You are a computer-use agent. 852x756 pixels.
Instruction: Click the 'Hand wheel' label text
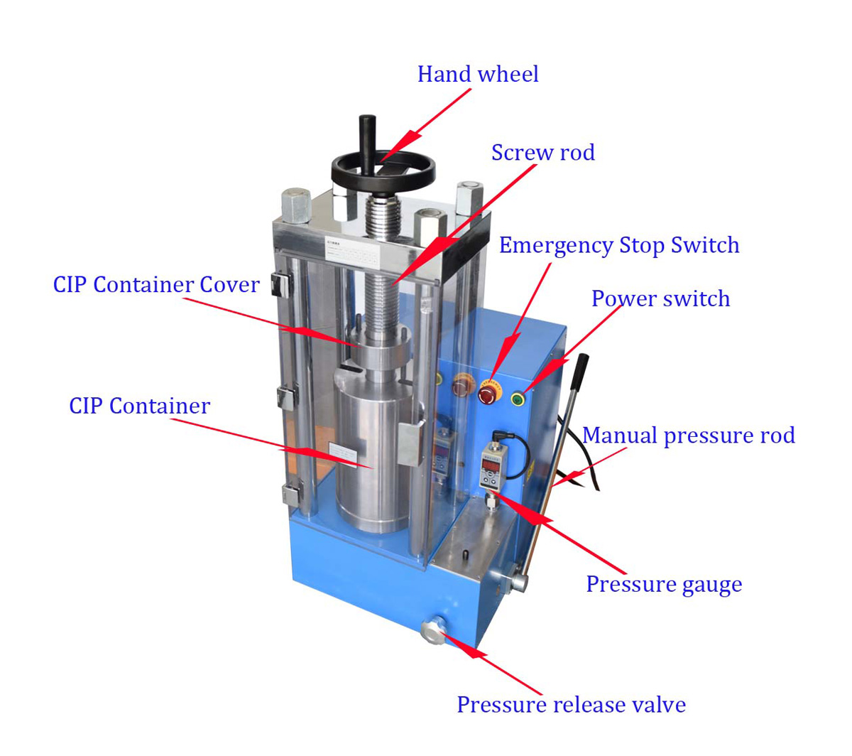click(x=477, y=75)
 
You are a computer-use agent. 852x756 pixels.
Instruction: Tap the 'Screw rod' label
click(x=542, y=153)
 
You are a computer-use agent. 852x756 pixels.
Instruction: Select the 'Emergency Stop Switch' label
click(x=618, y=246)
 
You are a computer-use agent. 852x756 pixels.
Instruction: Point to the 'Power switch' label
click(x=660, y=298)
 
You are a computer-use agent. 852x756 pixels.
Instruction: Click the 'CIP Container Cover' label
click(x=156, y=285)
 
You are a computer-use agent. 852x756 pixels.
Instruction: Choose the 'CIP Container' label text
click(x=139, y=406)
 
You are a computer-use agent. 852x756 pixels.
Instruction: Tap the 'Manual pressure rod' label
click(x=688, y=435)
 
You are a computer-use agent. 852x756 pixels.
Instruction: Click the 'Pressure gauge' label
click(x=663, y=584)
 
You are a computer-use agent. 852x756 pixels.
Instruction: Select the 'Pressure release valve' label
click(x=571, y=705)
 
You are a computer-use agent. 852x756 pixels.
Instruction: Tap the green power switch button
click(x=518, y=399)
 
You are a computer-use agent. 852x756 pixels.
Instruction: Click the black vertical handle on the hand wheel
click(x=368, y=142)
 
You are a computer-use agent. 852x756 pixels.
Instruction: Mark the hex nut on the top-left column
click(x=295, y=205)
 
